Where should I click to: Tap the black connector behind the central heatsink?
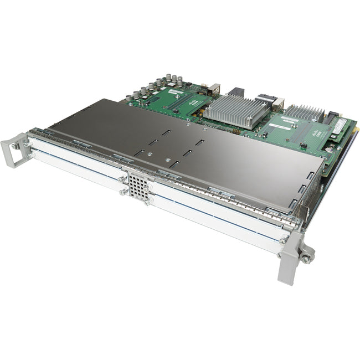tap(236, 92)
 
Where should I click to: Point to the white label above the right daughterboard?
tap(290, 120)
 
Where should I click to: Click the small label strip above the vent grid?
tap(135, 173)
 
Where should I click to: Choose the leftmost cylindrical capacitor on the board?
tap(128, 99)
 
